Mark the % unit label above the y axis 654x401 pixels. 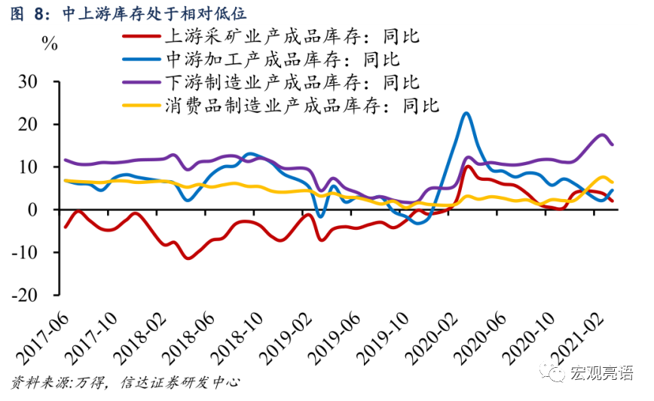(x=50, y=43)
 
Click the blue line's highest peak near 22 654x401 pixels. (x=466, y=114)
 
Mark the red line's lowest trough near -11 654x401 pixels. (x=188, y=259)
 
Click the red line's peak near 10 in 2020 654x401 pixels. (x=468, y=167)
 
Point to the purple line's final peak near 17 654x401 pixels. (x=603, y=135)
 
